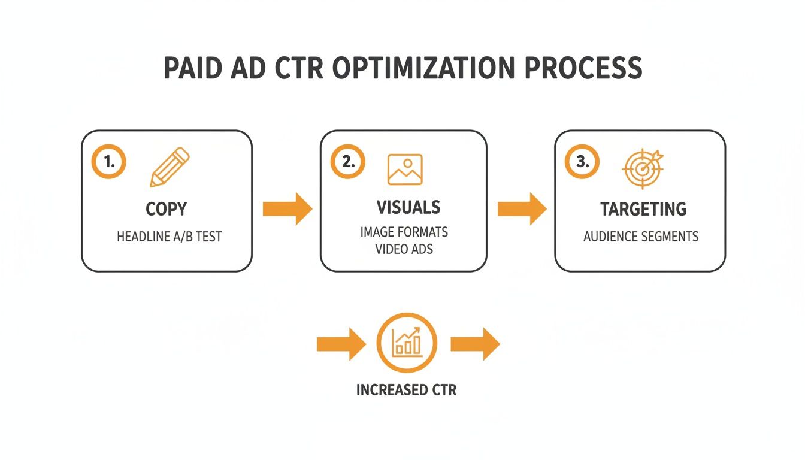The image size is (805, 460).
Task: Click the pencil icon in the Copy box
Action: pyautogui.click(x=169, y=168)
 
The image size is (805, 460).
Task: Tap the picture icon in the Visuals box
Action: pyautogui.click(x=405, y=169)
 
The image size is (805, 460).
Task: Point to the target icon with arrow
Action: pyautogui.click(x=643, y=168)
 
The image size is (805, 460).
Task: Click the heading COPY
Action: pyautogui.click(x=167, y=209)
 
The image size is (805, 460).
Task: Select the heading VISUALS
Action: pyautogui.click(x=408, y=207)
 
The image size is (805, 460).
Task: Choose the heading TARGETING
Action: pyautogui.click(x=643, y=209)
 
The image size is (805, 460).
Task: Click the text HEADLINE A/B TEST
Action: pyautogui.click(x=169, y=237)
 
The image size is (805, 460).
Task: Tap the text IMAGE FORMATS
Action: pyautogui.click(x=404, y=232)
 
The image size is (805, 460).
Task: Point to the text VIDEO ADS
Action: pyautogui.click(x=404, y=249)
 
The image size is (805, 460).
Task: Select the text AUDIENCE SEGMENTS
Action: pyautogui.click(x=641, y=237)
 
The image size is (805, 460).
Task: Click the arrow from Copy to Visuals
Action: pyautogui.click(x=287, y=208)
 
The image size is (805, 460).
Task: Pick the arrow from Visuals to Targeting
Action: pyautogui.click(x=522, y=208)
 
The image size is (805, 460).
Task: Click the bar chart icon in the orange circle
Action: pyautogui.click(x=407, y=343)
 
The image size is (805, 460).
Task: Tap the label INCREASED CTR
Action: pyautogui.click(x=406, y=390)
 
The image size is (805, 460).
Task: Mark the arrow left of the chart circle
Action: pyautogui.click(x=341, y=344)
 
